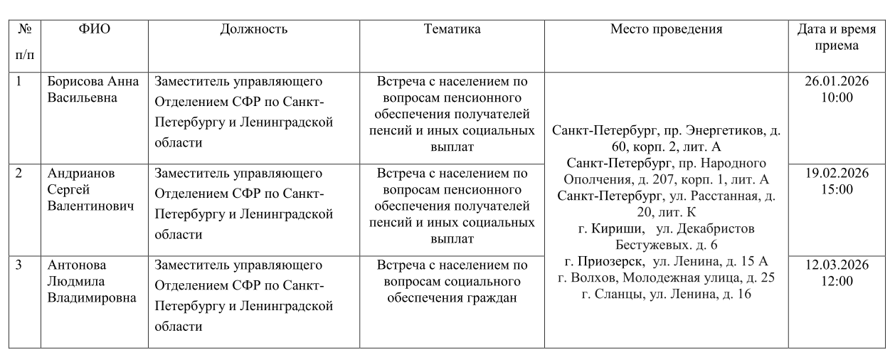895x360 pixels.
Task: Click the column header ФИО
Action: tap(94, 30)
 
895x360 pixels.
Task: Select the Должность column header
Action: tap(254, 30)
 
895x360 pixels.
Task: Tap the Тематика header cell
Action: tap(452, 30)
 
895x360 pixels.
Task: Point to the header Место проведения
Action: tap(666, 30)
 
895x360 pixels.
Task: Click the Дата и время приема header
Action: tap(837, 38)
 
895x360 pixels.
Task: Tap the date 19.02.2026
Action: tap(837, 174)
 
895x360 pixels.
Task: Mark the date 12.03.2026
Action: tap(837, 266)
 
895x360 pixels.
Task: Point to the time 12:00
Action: tap(837, 282)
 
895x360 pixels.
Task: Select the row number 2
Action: tap(21, 173)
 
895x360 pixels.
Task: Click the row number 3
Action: tap(21, 266)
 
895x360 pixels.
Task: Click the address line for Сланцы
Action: tap(665, 294)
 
